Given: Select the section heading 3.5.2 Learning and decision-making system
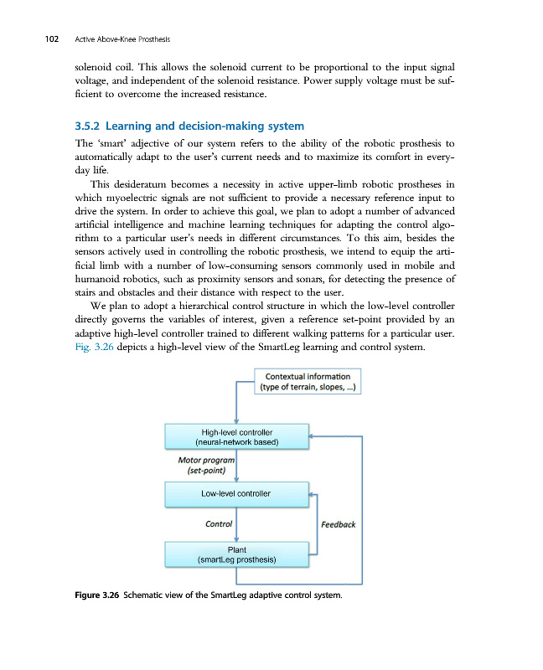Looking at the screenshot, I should pyautogui.click(x=189, y=126).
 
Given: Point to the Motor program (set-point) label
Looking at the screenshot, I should pyautogui.click(x=206, y=465).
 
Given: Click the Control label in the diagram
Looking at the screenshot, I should pyautogui.click(x=219, y=524).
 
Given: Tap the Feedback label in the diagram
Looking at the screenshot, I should pyautogui.click(x=339, y=524).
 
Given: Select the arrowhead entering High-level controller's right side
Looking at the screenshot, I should pyautogui.click(x=310, y=436).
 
